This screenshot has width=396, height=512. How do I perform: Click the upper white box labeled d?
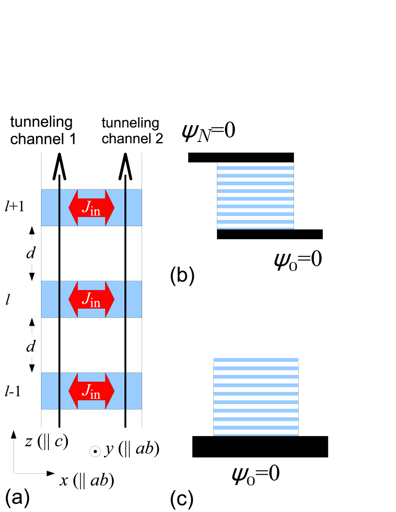pyautogui.click(x=30, y=253)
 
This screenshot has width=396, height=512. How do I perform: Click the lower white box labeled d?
pyautogui.click(x=30, y=346)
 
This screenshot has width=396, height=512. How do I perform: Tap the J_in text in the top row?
pyautogui.click(x=91, y=208)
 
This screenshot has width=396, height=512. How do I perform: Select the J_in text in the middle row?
pyautogui.click(x=91, y=299)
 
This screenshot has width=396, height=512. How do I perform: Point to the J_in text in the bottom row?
pyautogui.click(x=91, y=391)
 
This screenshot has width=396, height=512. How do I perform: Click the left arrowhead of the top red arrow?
pyautogui.click(x=73, y=208)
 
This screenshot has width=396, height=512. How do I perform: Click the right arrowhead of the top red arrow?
pyautogui.click(x=109, y=208)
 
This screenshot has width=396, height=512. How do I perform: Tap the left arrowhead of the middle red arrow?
pyautogui.click(x=73, y=299)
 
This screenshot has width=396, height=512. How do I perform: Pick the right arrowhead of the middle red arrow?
pyautogui.click(x=109, y=299)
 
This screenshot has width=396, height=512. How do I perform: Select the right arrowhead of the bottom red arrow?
pyautogui.click(x=109, y=391)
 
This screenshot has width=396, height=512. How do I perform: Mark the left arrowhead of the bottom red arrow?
pyautogui.click(x=73, y=391)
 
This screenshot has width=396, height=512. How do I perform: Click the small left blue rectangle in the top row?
pyautogui.click(x=50, y=208)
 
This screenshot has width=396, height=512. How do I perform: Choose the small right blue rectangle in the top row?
pyautogui.click(x=134, y=208)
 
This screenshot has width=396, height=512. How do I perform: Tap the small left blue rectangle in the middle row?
pyautogui.click(x=50, y=299)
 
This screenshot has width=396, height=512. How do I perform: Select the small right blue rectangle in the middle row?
pyautogui.click(x=134, y=299)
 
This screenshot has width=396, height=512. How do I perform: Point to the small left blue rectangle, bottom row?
pyautogui.click(x=50, y=391)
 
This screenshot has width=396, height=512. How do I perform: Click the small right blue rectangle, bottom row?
pyautogui.click(x=134, y=391)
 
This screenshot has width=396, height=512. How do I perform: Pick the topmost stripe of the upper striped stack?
pyautogui.click(x=255, y=168)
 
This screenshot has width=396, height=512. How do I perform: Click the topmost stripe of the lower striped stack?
pyautogui.click(x=256, y=360)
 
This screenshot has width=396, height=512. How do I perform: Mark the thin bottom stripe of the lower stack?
pyautogui.click(x=256, y=435)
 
